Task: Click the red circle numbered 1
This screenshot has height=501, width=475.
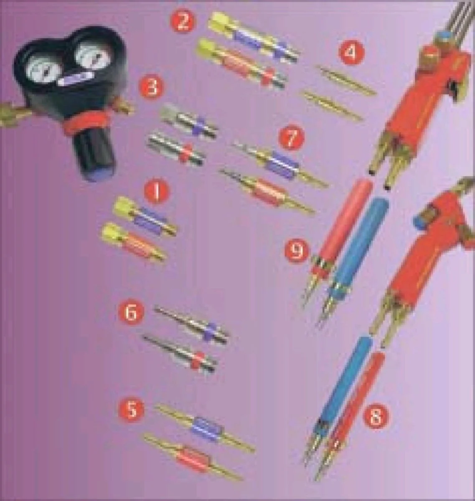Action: coord(155,192)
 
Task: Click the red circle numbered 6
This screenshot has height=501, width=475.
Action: coord(131,312)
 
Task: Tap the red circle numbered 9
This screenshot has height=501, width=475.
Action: coord(296,251)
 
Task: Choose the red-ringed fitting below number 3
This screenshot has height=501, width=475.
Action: coord(176,149)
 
